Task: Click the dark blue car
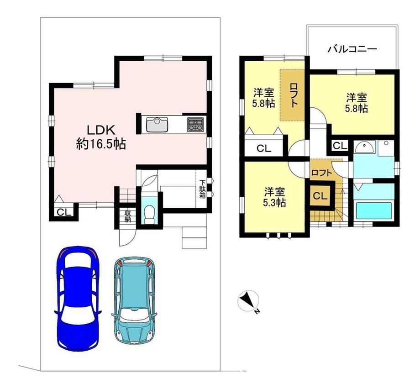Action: (78, 298)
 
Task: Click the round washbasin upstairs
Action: (364, 148)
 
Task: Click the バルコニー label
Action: (353, 49)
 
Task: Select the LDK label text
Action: (101, 130)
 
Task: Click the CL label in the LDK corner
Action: (64, 212)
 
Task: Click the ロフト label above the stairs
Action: (322, 173)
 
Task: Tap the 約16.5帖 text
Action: (101, 145)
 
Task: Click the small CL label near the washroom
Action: (340, 146)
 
